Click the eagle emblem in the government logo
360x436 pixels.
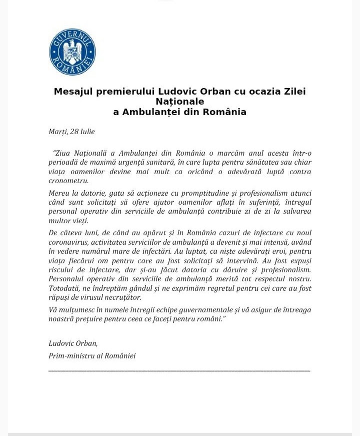pos(72,52)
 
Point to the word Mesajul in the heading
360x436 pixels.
pos(71,92)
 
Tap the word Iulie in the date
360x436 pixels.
pos(88,132)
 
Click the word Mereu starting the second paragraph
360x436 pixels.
pos(59,193)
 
